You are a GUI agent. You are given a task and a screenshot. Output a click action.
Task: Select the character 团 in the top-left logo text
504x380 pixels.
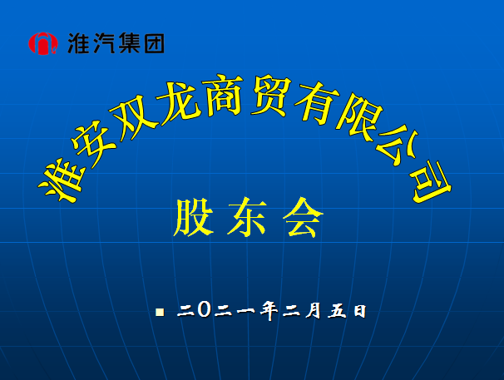154,42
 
